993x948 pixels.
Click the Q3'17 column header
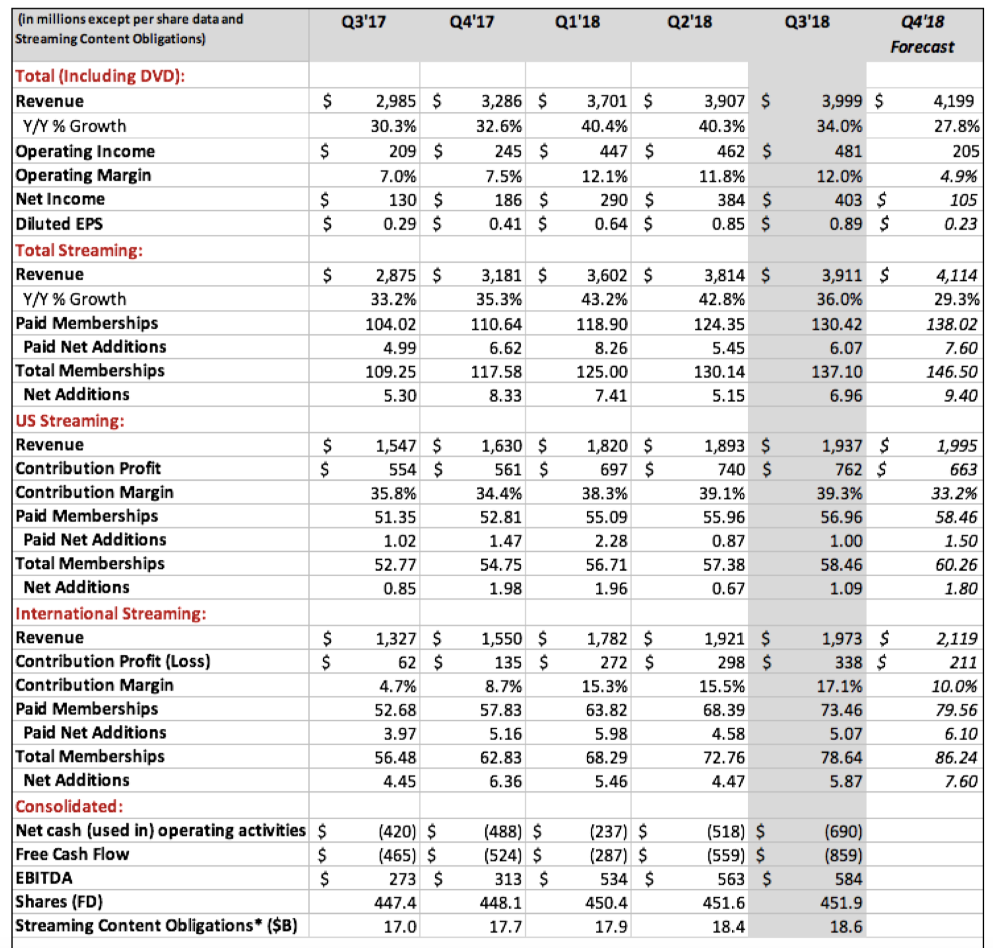363,22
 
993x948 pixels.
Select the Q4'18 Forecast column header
922,34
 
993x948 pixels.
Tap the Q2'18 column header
689,22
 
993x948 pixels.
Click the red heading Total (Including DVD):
100,76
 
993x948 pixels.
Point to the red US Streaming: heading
70,421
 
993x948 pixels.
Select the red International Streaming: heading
111,614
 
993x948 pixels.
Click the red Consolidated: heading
69,806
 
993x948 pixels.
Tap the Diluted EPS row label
59,224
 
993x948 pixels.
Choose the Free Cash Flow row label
72,854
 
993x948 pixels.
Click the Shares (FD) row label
59,902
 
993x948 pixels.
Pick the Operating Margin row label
84,176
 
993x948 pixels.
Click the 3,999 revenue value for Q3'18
842,101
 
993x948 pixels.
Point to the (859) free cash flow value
843,855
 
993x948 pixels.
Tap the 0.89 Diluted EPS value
846,224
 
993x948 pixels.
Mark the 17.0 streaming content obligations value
400,927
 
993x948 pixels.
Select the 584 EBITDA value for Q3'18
848,879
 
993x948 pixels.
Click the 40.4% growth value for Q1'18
604,126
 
